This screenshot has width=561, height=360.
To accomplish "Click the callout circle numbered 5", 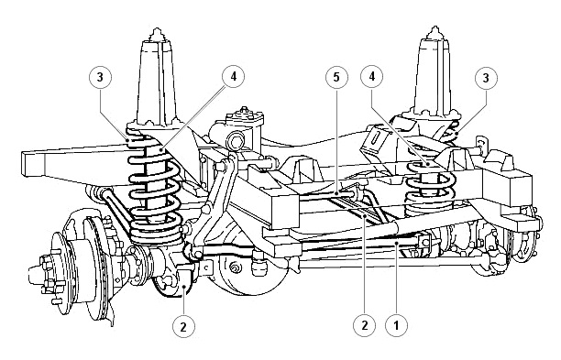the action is pyautogui.click(x=336, y=77).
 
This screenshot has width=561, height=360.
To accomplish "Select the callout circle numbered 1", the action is pyautogui.click(x=396, y=326).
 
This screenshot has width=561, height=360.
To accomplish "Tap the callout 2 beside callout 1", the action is pyautogui.click(x=364, y=326).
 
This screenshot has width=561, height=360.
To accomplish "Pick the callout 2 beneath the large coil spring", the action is pyautogui.click(x=183, y=326).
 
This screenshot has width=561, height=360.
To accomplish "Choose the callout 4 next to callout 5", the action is pyautogui.click(x=372, y=77).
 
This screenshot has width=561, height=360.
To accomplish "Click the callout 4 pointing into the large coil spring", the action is pyautogui.click(x=233, y=77).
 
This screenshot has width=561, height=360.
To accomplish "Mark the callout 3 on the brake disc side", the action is pyautogui.click(x=100, y=77).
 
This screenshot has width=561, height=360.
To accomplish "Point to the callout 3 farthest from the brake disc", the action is pyautogui.click(x=486, y=78).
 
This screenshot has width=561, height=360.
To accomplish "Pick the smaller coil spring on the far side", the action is pyautogui.click(x=430, y=190).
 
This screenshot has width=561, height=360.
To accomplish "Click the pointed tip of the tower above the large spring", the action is pyautogui.click(x=157, y=29).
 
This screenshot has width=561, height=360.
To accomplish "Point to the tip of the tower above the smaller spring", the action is pyautogui.click(x=435, y=27).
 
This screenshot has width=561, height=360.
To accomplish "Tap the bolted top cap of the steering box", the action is pyautogui.click(x=245, y=115).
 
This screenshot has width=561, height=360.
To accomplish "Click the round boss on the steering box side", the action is pyautogui.click(x=236, y=141).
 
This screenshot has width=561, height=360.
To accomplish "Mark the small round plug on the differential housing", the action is pyautogui.click(x=235, y=267).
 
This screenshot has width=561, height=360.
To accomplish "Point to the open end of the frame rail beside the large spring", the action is pyautogui.click(x=33, y=164).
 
